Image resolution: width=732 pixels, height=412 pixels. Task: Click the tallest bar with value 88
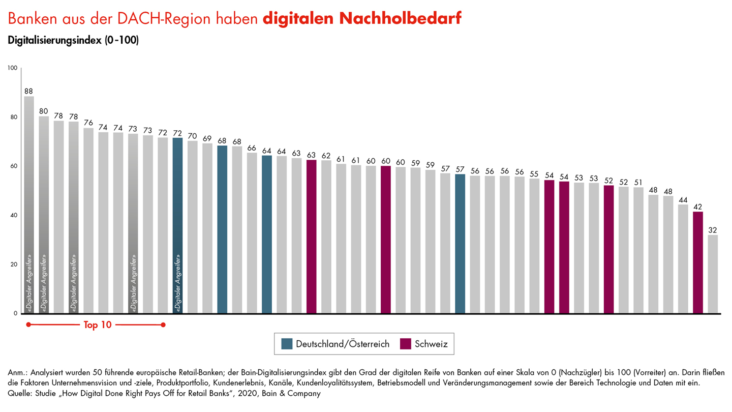point(29,203)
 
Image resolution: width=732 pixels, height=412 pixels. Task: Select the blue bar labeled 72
point(177,224)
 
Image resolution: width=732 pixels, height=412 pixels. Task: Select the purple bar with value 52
point(609,249)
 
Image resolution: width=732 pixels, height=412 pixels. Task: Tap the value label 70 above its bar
point(192,136)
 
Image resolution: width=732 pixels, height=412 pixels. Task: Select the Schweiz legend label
point(431,344)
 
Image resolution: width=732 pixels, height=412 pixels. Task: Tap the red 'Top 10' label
point(97,325)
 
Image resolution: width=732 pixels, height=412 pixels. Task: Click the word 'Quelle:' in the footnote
point(20,393)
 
